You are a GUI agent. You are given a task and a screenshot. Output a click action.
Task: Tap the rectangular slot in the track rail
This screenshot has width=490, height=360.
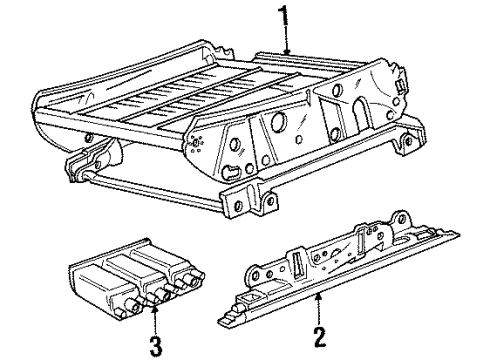tap(298, 268)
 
